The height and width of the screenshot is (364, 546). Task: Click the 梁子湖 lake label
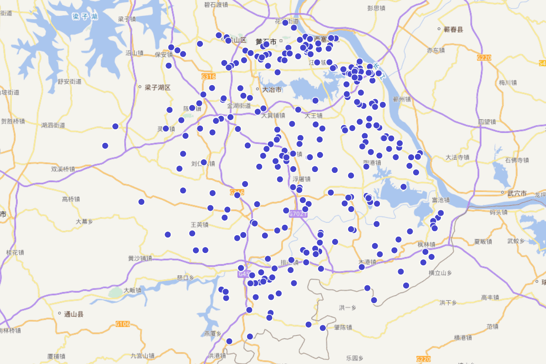pos(85,17)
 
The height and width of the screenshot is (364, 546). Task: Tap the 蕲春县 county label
pos(453,30)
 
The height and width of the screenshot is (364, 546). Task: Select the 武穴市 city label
pos(517,193)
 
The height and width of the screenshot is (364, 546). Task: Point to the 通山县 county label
pos(74,314)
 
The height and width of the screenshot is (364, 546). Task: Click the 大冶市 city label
pos(272,90)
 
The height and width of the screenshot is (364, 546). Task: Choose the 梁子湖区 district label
pos(157,87)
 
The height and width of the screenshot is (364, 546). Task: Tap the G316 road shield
pos(208,76)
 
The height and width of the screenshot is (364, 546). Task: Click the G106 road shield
pos(123,324)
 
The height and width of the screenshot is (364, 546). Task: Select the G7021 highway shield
pos(298,214)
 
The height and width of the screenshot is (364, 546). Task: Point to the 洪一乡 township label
pos(348,308)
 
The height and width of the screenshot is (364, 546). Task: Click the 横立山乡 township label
pos(440,273)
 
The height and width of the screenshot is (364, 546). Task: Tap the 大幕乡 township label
pos(84,222)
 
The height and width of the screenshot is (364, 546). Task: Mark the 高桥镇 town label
pos(71,199)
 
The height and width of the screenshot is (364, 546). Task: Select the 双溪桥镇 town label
pos(63,169)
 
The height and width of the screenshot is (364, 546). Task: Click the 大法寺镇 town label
pos(457,157)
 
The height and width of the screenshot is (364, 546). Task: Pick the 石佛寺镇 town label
pos(517,160)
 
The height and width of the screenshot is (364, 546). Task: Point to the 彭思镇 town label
pos(376,8)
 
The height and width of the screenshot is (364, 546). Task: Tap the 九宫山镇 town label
pos(143,356)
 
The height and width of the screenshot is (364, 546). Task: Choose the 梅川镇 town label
pos(508,83)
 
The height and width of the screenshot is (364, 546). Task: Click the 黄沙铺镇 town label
pos(140,258)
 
